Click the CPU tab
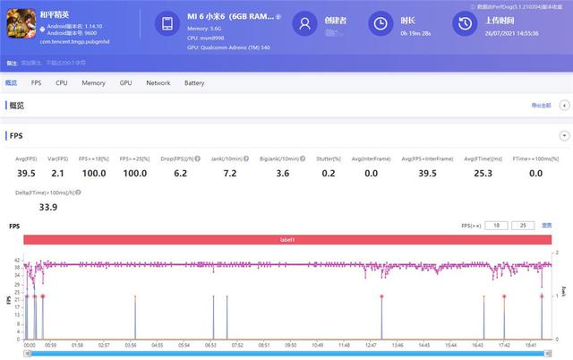coord(62,82)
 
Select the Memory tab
coord(93,82)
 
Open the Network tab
coord(158,82)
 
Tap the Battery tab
coord(194,82)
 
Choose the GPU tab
coord(125,82)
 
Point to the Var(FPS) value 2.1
coord(57,173)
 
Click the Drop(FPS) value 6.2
coord(180,173)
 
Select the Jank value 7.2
coord(229,173)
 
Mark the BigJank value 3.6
coord(283,173)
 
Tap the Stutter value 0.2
coord(329,173)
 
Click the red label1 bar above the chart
coord(286,240)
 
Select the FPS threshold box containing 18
coord(496,226)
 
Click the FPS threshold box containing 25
coord(526,226)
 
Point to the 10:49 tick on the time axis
coord(317,344)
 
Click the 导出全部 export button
coord(541,106)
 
